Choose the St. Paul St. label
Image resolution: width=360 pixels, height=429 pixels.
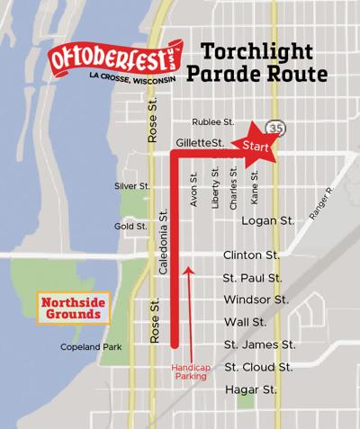click(x=253, y=278)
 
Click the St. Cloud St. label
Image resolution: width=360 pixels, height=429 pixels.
click(x=257, y=367)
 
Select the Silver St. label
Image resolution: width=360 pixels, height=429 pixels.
click(x=130, y=186)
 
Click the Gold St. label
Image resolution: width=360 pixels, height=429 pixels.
click(x=130, y=227)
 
